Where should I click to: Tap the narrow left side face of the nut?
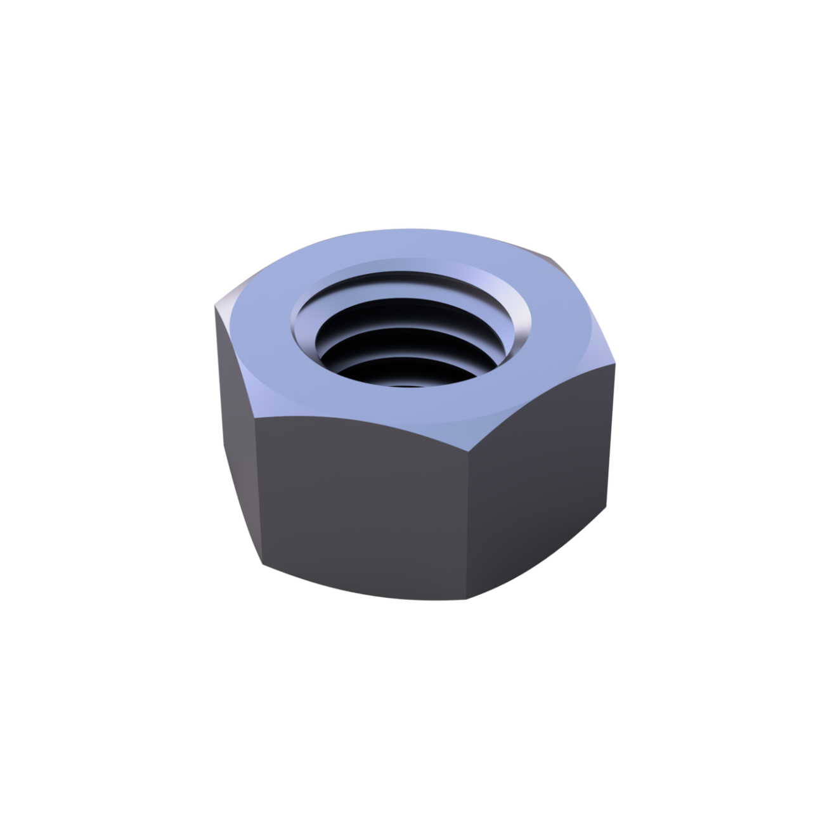pyautogui.click(x=235, y=431)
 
